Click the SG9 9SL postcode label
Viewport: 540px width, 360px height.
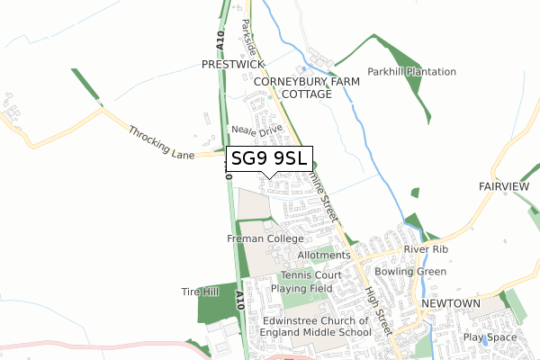pos(269,159)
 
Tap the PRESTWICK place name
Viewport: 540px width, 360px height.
pos(232,65)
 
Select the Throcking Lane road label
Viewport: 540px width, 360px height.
pos(162,142)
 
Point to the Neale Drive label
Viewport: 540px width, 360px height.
pos(258,130)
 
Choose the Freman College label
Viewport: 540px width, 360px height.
pos(265,238)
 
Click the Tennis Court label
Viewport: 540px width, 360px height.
pos(310,274)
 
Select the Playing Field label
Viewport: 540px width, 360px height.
pos(305,288)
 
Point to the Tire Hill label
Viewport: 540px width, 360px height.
pos(200,292)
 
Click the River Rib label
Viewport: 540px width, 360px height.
pos(426,249)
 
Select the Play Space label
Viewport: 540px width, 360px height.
pos(490,337)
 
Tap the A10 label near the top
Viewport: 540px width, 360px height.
pos(220,40)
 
